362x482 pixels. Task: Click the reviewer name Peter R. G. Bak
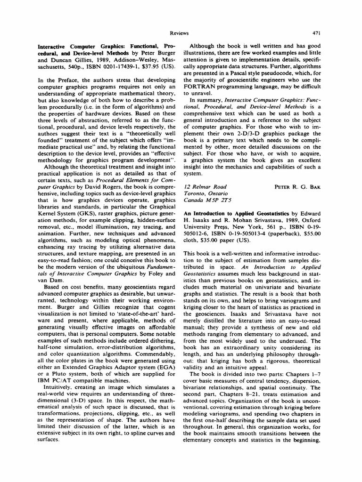(297, 187)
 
